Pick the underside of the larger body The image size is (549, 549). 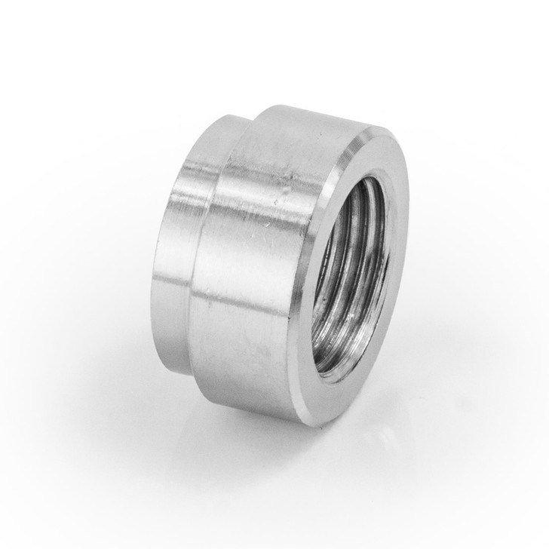pos(249,385)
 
